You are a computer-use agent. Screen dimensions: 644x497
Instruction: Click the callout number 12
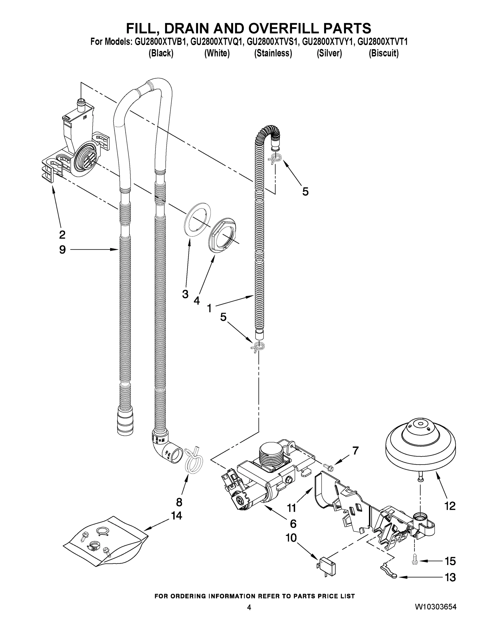450,506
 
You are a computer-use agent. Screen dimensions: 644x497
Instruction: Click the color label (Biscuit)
383,53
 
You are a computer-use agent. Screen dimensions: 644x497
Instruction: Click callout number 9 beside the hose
62,250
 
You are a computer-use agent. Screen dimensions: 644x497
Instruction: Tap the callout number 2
62,235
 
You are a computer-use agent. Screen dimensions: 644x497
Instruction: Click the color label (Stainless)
273,53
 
